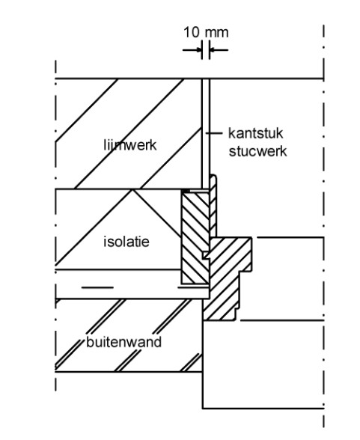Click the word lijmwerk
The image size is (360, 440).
pos(130,145)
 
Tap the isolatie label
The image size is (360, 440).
pos(126,242)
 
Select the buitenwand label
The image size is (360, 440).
pos(123,342)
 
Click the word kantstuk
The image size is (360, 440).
pos(256,133)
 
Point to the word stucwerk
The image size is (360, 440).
pos(257,151)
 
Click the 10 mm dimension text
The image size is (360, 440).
pos(206,32)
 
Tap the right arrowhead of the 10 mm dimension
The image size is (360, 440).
pos(212,50)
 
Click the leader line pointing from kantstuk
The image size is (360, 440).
pos(214,133)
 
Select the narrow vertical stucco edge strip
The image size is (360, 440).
pos(206,133)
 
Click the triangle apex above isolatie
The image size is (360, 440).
pos(132,190)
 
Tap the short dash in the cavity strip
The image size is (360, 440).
pos(97,287)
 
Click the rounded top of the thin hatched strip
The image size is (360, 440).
pos(213,177)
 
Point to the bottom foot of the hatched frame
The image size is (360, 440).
pos(219,316)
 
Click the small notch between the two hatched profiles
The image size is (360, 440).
pos(207,255)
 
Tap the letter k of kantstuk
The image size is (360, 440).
pos(231,133)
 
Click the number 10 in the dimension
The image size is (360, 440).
pos(191,32)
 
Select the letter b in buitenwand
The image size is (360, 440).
pos(90,342)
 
